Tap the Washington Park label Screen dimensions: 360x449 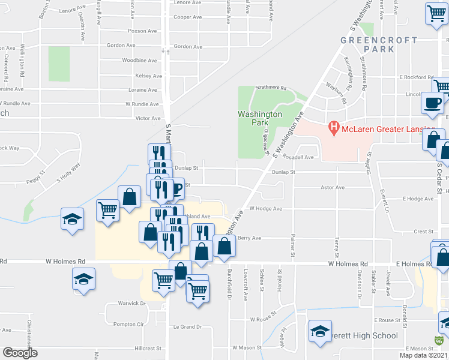(x=260, y=118)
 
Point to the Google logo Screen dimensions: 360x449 (x=20, y=353)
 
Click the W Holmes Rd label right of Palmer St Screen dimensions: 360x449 (x=348, y=264)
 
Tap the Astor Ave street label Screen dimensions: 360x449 (x=332, y=188)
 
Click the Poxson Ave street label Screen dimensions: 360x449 (x=142, y=32)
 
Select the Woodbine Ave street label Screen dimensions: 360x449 (x=139, y=61)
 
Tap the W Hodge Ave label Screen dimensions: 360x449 (x=265, y=209)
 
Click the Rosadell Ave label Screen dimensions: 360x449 (x=301, y=158)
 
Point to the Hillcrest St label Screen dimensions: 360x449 (x=148, y=348)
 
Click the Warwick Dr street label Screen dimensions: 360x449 (x=131, y=304)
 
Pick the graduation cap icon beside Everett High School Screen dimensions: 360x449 (x=320, y=332)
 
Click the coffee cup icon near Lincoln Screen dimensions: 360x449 (x=432, y=103)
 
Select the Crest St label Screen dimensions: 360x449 (x=423, y=232)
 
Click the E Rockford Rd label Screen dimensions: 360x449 (x=417, y=77)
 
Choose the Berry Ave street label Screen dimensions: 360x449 (x=250, y=238)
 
